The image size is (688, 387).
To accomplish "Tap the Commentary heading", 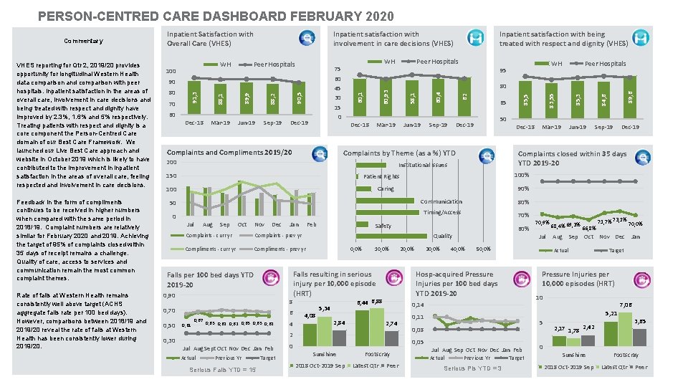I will pos(83,42).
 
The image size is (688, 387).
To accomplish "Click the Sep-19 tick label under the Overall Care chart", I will pos(272,123).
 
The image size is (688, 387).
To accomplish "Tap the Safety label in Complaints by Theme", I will pos(383,226).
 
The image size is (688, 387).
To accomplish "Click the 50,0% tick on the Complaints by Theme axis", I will pos(483,249).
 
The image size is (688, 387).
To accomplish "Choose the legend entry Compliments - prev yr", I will pos(280,249).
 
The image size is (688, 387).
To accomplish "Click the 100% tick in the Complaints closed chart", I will pos(522,176).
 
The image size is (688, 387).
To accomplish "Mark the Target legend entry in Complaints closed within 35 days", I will pos(616,251).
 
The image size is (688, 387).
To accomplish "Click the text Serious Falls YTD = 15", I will pos(223,370).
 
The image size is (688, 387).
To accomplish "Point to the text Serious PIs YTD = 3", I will pos(472,368).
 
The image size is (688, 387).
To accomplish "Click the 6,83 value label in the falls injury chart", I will pos(377,301).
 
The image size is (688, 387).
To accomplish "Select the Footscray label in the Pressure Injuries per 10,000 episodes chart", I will pos(626,355).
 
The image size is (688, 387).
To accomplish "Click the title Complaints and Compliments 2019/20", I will pos(229,153).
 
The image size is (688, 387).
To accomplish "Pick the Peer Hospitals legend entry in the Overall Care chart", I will pos(274,64).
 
